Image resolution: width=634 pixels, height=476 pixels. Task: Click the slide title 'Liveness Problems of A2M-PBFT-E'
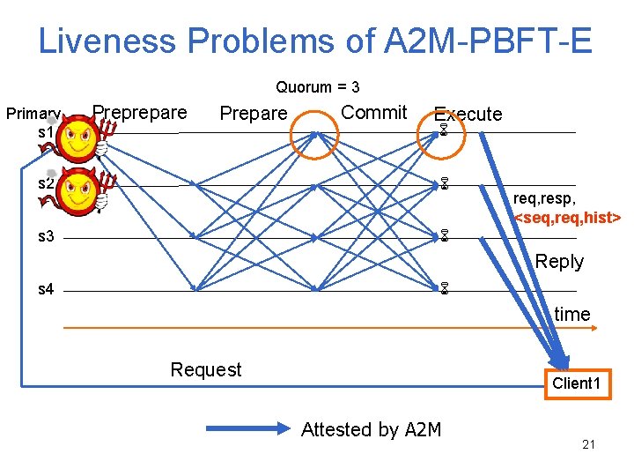[315, 41]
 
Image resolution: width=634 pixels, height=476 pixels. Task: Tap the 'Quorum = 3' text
[317, 87]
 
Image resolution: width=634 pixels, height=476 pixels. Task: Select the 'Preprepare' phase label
[140, 112]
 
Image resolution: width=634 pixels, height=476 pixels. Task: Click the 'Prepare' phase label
[253, 113]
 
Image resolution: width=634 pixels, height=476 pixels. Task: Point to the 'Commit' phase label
[373, 112]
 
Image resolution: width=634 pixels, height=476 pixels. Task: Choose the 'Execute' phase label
[468, 114]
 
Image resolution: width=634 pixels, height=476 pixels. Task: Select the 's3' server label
[46, 237]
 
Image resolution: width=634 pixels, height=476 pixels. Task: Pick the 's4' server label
[46, 289]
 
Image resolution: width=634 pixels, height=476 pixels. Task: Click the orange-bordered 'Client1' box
[576, 383]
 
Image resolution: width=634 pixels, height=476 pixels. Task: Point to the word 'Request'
[205, 369]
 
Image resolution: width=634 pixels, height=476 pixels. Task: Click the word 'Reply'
[559, 262]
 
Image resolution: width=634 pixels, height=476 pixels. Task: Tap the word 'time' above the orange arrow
[572, 314]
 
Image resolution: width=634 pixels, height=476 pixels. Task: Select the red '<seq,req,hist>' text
[567, 217]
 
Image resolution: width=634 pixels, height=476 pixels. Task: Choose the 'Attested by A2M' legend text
[371, 429]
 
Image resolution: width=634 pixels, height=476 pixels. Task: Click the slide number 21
[588, 444]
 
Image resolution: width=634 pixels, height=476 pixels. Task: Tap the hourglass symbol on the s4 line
[445, 288]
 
